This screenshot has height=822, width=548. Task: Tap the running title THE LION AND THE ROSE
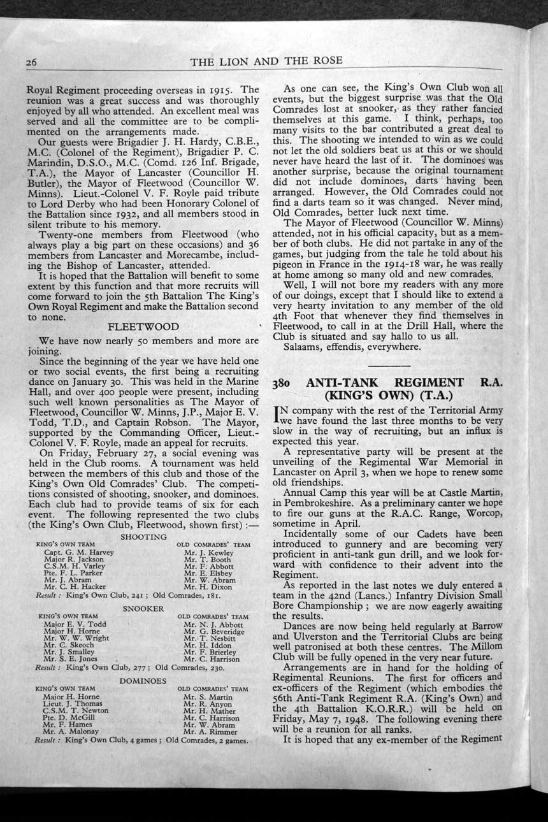click(266, 61)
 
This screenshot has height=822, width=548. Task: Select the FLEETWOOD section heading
click(143, 327)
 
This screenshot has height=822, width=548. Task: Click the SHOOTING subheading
click(143, 537)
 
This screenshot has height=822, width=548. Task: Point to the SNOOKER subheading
click(143, 609)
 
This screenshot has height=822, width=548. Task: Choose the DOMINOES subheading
click(143, 681)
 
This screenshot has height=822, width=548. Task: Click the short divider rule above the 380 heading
click(389, 366)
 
